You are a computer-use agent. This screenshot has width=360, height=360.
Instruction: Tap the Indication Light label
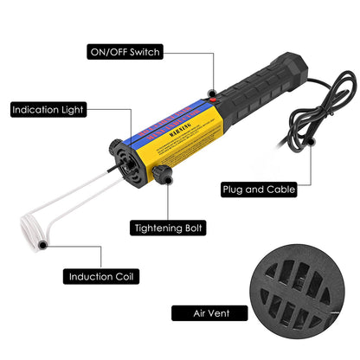tap(49, 111)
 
